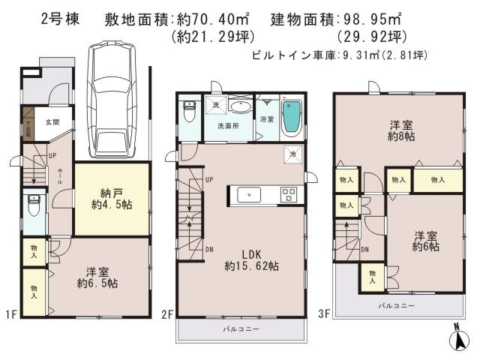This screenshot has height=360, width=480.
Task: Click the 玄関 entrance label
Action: [x=52, y=122]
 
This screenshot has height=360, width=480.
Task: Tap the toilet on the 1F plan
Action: [x=32, y=205]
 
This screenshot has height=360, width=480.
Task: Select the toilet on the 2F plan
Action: [x=190, y=115]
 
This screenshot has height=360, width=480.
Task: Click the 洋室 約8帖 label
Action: [x=397, y=130]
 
